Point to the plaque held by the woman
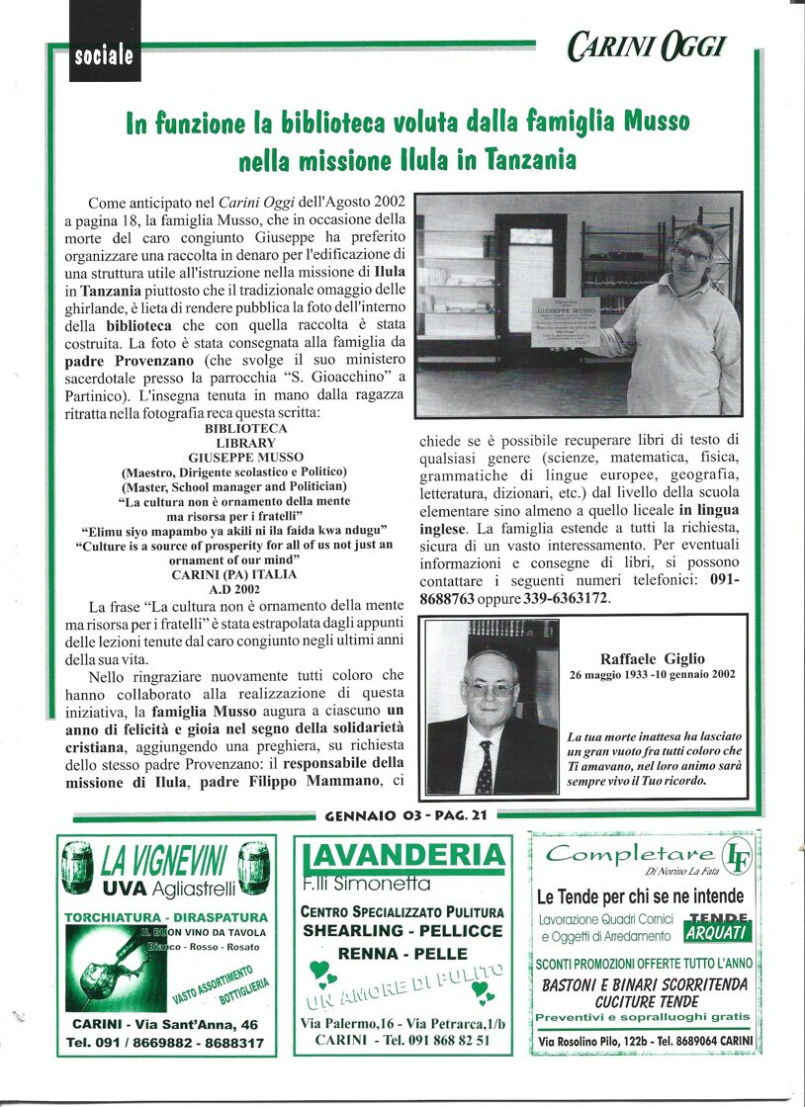(565, 322)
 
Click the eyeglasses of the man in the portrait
(490, 689)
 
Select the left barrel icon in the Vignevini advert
(76, 868)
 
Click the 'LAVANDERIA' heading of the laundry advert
(402, 855)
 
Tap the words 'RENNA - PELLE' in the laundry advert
(402, 954)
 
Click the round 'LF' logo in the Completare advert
(734, 853)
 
